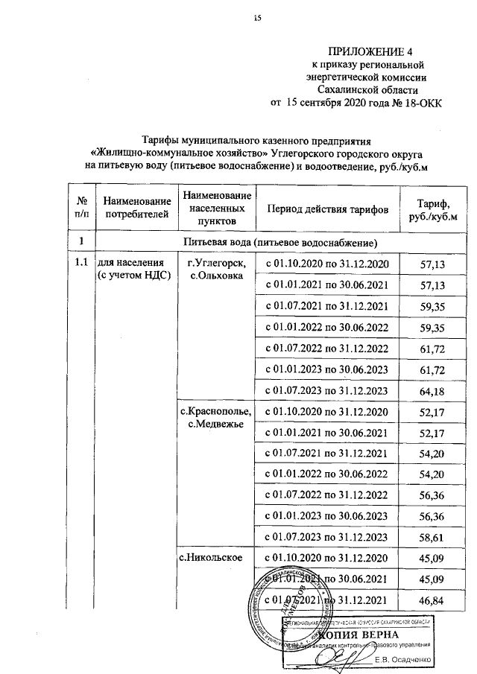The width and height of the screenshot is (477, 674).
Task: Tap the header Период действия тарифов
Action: (x=327, y=210)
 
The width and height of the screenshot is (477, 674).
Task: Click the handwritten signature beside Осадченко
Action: (x=347, y=655)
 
